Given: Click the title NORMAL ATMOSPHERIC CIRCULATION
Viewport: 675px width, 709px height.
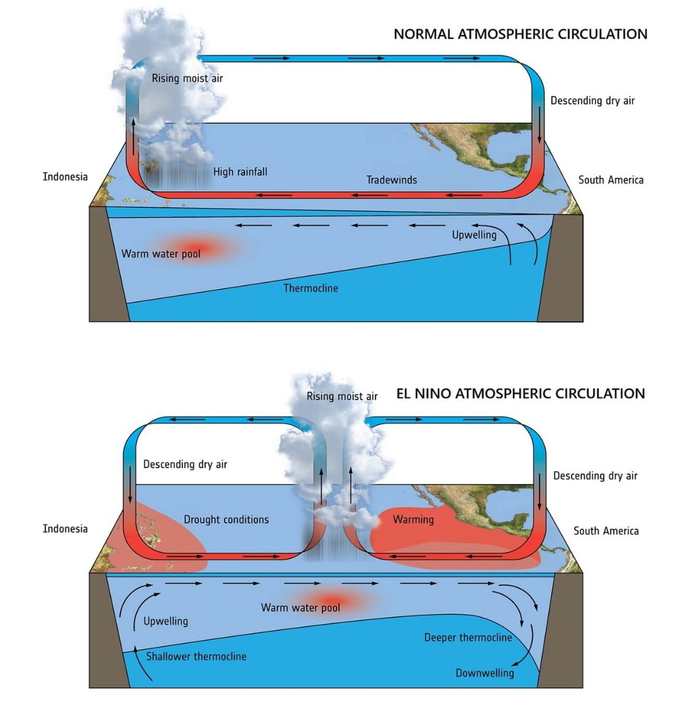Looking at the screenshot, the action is click(521, 34).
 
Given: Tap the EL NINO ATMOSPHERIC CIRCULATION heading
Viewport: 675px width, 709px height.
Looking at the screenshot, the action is click(521, 394).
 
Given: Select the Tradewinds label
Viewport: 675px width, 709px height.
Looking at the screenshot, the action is click(392, 180).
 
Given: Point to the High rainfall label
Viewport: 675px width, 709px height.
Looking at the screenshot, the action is click(240, 172).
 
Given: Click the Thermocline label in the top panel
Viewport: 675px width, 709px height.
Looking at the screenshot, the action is click(311, 288).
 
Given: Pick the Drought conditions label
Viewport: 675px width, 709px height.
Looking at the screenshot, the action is click(226, 520).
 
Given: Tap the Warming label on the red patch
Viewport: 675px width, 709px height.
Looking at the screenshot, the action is click(413, 520).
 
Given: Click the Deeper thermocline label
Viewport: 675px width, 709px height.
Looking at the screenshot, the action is click(468, 638).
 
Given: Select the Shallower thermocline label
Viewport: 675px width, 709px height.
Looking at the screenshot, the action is click(196, 657).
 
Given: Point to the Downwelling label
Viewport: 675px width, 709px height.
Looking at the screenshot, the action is click(484, 673).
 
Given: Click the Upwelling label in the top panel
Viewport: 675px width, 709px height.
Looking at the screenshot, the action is click(474, 235).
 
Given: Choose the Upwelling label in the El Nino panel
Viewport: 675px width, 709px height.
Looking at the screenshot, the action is click(166, 621).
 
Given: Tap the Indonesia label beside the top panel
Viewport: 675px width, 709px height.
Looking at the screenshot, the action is click(65, 177).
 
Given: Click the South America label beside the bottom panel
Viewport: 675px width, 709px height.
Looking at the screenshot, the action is click(606, 531).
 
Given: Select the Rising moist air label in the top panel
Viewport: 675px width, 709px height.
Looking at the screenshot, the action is click(187, 78).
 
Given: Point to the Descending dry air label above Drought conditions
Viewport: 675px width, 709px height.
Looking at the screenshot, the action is click(185, 464).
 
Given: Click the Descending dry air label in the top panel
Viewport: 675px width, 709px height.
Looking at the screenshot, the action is click(593, 100).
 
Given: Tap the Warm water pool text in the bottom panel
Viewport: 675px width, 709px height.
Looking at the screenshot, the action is click(300, 608).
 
